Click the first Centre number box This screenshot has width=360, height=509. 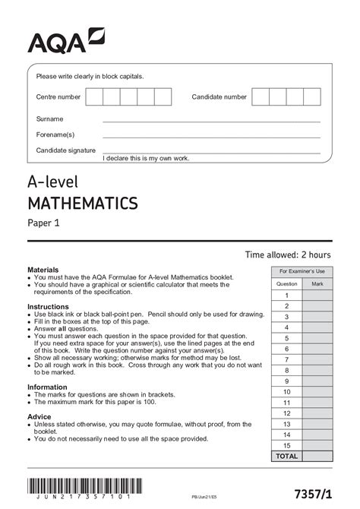pos(94,97)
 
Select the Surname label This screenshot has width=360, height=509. pos(50,119)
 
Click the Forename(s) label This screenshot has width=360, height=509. pos(55,134)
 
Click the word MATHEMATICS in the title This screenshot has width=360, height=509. pos(83,203)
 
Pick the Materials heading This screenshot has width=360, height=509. pos(43,270)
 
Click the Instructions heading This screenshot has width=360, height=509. pos(49,306)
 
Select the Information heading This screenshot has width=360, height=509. pos(49,387)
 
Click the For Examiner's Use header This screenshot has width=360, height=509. pos(302,271)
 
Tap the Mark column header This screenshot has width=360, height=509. pos(317,283)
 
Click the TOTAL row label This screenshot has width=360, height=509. pos(287,456)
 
